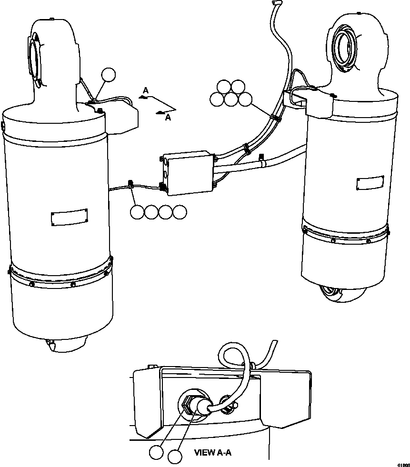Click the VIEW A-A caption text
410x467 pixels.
[x=212, y=453]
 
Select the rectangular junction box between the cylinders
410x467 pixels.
[x=188, y=173]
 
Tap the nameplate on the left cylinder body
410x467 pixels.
[x=69, y=217]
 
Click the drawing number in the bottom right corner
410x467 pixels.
[x=403, y=464]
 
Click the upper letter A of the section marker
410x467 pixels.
[x=146, y=90]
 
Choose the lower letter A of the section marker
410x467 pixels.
[x=167, y=118]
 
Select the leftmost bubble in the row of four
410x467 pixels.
[x=137, y=212]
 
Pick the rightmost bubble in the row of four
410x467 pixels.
[x=180, y=212]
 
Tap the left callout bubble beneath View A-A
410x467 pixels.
[x=155, y=453]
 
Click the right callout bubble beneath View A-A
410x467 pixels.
[x=175, y=457]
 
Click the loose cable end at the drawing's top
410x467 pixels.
[x=274, y=4]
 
